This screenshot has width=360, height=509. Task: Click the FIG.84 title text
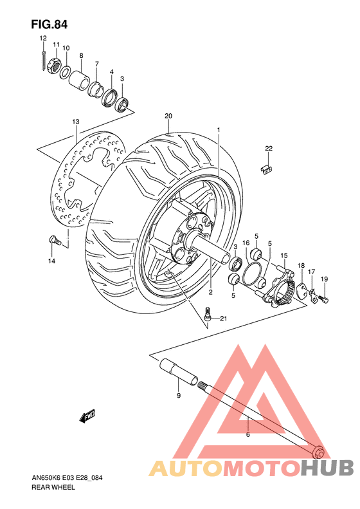(x=49, y=24)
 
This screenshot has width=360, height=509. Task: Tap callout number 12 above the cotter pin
(x=43, y=39)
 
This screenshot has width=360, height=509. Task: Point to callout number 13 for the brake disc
(x=75, y=122)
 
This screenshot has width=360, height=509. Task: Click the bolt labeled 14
(x=54, y=241)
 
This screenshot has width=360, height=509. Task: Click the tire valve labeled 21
(x=206, y=315)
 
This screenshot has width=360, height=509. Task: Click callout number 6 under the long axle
(x=248, y=435)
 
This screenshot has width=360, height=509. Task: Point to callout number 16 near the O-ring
(x=246, y=243)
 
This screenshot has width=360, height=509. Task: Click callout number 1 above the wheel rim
(x=219, y=130)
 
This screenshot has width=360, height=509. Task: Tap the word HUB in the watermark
(x=327, y=467)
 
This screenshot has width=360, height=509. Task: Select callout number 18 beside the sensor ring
(x=300, y=266)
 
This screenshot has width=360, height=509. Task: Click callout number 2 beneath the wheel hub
(x=210, y=292)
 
